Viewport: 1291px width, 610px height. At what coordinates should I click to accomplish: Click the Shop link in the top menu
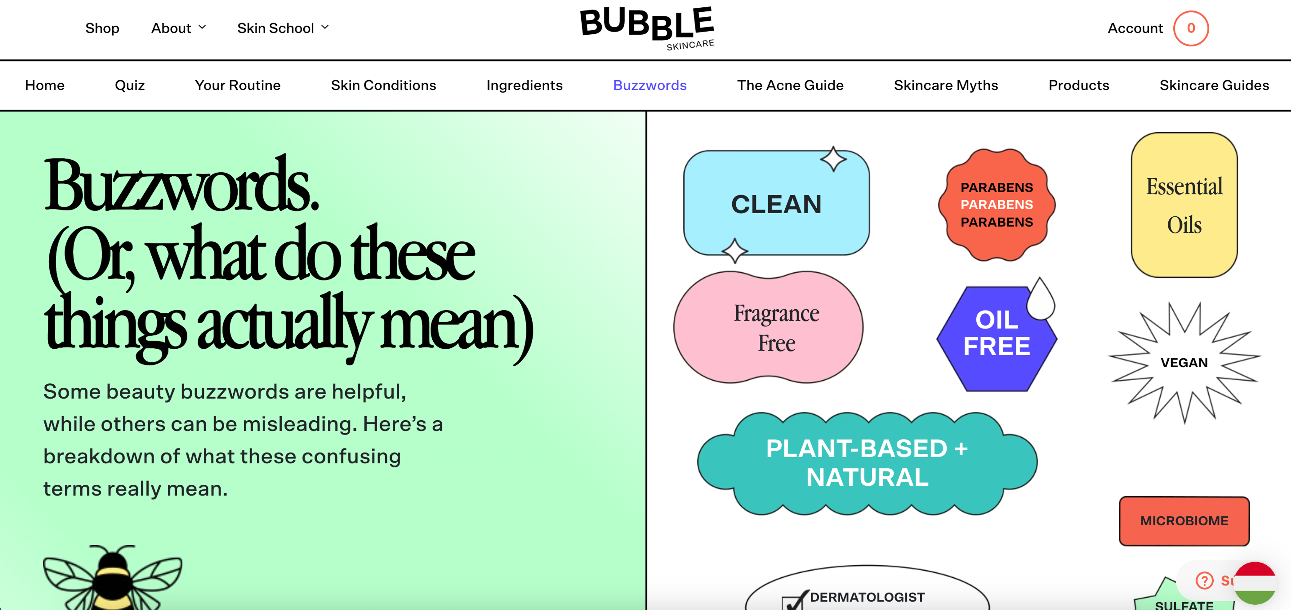click(x=102, y=28)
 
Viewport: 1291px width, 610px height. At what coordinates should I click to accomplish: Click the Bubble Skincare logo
click(x=647, y=28)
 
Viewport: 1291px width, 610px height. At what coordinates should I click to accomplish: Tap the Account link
click(x=1135, y=28)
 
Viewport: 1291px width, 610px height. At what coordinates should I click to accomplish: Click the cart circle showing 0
click(x=1191, y=28)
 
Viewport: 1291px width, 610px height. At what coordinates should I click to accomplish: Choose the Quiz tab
click(x=130, y=85)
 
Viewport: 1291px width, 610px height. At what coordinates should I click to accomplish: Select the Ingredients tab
click(x=524, y=85)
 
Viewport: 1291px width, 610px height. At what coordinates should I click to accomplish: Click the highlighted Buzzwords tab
click(x=650, y=85)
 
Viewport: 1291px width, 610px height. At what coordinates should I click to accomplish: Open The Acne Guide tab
click(x=790, y=85)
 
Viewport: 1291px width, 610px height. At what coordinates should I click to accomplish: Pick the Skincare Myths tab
click(x=946, y=85)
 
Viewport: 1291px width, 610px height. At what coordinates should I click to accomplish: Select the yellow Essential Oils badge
click(x=1184, y=205)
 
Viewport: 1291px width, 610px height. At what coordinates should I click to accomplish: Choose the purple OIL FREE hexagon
click(x=996, y=338)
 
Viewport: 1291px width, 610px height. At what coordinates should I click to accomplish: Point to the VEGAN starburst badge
click(x=1184, y=362)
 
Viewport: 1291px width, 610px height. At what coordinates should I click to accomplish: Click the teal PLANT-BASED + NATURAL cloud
click(x=867, y=463)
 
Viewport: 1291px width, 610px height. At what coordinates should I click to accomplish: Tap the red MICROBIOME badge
click(x=1184, y=521)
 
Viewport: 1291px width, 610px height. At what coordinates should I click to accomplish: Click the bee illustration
click(x=113, y=578)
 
